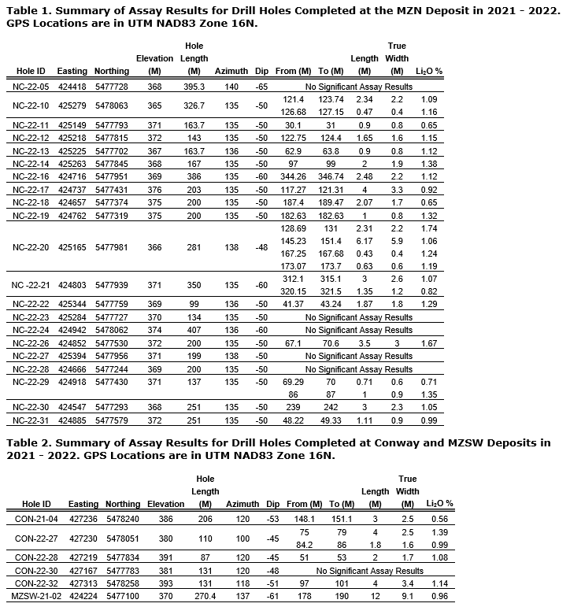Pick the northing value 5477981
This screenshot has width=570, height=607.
pos(111,246)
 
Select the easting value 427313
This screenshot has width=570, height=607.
pos(83,584)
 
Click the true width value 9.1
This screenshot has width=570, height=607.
pos(407,597)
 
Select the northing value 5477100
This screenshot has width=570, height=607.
pos(122,597)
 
